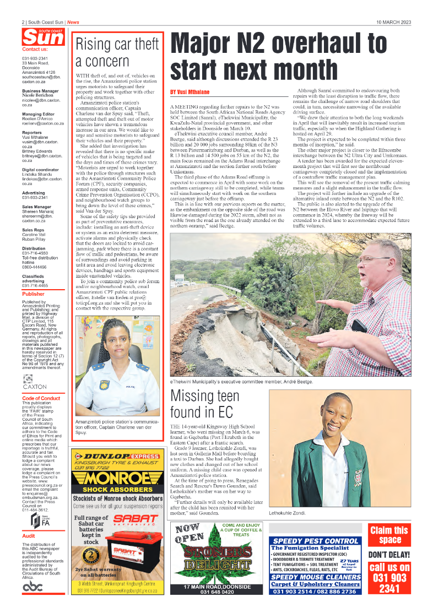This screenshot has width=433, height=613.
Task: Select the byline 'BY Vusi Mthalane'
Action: [x=190, y=91]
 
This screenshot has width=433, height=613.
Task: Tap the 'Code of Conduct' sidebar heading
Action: [x=41, y=398]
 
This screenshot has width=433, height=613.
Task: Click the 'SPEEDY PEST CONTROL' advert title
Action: [x=316, y=541]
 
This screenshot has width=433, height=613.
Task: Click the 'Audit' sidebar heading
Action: [x=28, y=535]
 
